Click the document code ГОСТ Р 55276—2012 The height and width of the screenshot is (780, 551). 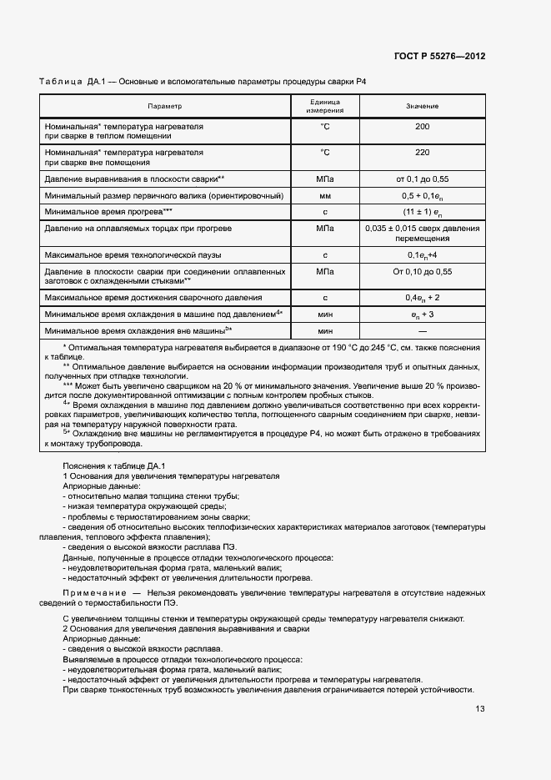click(x=439, y=56)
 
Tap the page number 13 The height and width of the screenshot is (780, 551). click(x=479, y=709)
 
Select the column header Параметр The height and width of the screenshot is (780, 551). click(x=164, y=107)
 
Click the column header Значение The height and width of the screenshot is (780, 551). click(x=422, y=107)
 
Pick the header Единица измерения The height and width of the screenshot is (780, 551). click(x=324, y=107)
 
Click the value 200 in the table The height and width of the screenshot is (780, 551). click(x=422, y=127)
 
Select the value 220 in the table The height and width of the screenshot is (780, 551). click(x=422, y=153)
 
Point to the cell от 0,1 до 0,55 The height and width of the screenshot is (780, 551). click(x=422, y=179)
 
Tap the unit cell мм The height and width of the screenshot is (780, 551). click(x=324, y=195)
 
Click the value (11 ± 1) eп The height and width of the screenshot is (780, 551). click(x=422, y=212)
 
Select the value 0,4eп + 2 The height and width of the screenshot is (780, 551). click(x=422, y=297)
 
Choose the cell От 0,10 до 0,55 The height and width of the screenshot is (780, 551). click(x=422, y=272)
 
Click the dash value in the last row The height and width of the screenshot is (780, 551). click(x=422, y=331)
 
